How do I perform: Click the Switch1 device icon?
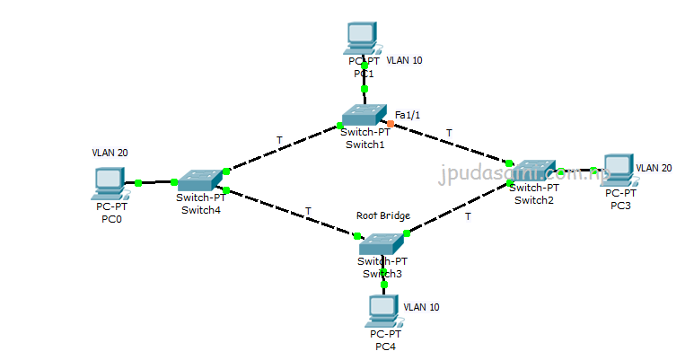point(364,115)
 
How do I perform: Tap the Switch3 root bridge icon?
point(382,242)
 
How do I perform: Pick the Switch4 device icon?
point(198,180)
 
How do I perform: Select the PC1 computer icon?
point(362,39)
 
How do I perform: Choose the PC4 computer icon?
point(382,311)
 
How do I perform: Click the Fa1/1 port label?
point(408,114)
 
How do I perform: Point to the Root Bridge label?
point(383,215)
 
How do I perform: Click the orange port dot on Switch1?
point(391,124)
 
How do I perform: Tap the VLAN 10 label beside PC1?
point(404,61)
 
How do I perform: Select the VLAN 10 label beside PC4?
point(422,307)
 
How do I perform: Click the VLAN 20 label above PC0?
point(110,153)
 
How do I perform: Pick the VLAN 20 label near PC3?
point(654,168)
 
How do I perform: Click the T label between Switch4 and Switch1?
point(279,140)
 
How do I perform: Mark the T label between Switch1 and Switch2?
point(449,133)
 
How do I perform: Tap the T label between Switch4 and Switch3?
point(308,211)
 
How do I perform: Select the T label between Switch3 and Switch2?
point(468,216)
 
